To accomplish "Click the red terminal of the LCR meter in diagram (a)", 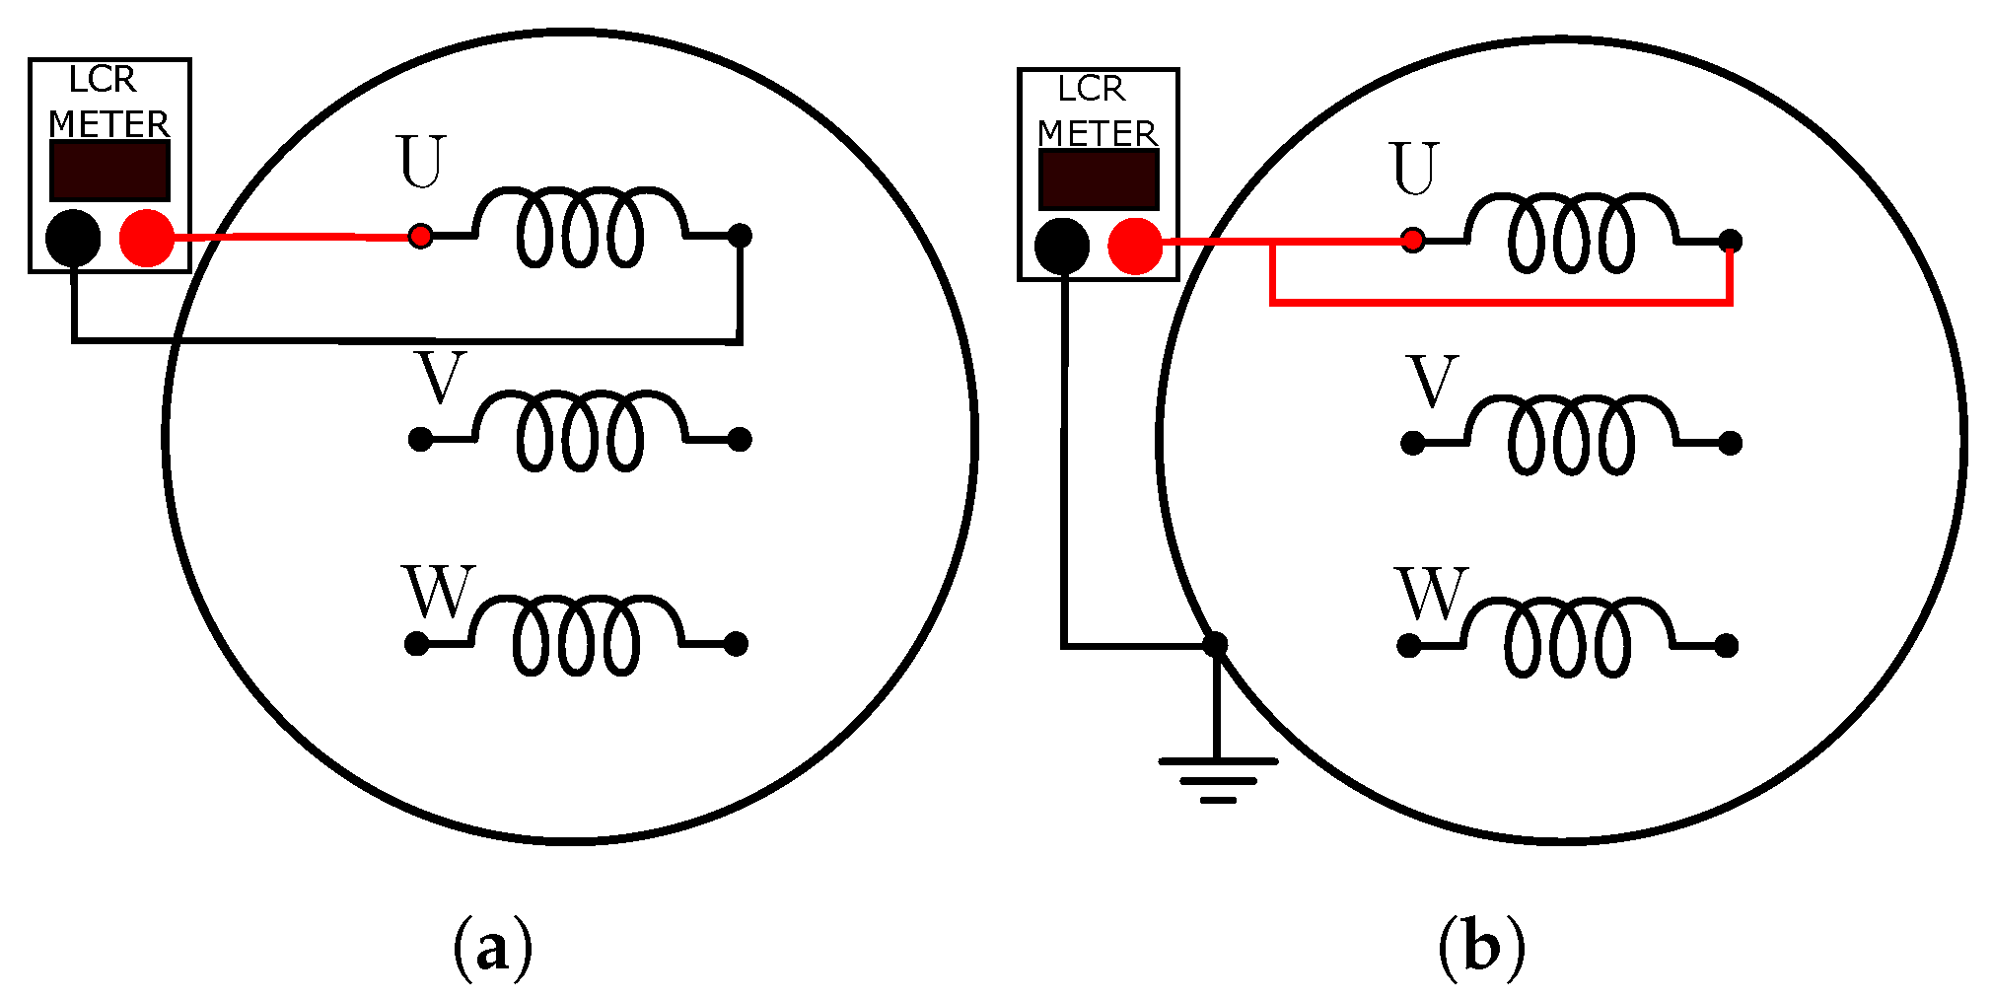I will pos(147,238).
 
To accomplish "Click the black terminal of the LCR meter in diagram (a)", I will pos(73,238).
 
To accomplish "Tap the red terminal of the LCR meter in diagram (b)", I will pos(1135,246).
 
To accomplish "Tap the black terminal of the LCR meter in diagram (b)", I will pos(1062,246).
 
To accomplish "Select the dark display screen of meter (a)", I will pos(109,171).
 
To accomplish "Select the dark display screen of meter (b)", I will pos(1099,179).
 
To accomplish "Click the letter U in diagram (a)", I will pos(421,163).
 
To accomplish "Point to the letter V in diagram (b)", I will pos(1433,382).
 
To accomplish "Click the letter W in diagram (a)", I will pos(438,592).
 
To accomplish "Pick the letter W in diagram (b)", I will pos(1431,594).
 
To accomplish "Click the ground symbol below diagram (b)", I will pos(1218,778).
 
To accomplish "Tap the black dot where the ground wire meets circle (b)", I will pos(1215,645).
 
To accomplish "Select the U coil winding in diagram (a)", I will pos(580,227).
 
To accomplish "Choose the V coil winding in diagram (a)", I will pos(580,431).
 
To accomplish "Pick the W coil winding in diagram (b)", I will pos(1568,637).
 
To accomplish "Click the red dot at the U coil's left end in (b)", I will pos(1413,240).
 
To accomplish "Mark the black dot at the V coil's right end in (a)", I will pos(740,439).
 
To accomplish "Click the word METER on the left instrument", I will pos(109,124).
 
